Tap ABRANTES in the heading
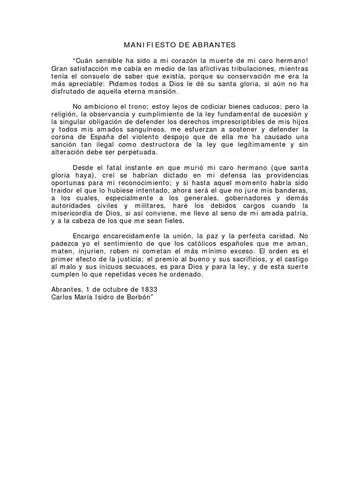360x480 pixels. [x=220, y=47]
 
